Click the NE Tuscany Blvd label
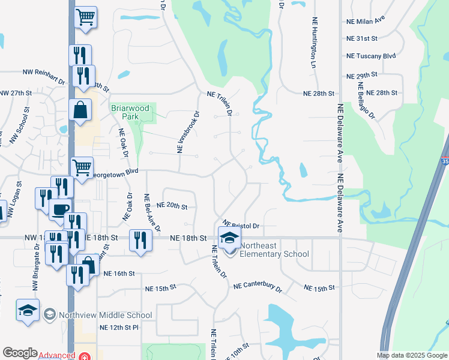point(371,56)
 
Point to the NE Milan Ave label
point(366,21)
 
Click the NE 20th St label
point(172,206)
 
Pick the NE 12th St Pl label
point(119,327)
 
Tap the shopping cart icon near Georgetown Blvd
point(82,167)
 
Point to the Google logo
point(20,353)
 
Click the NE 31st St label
point(361,38)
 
